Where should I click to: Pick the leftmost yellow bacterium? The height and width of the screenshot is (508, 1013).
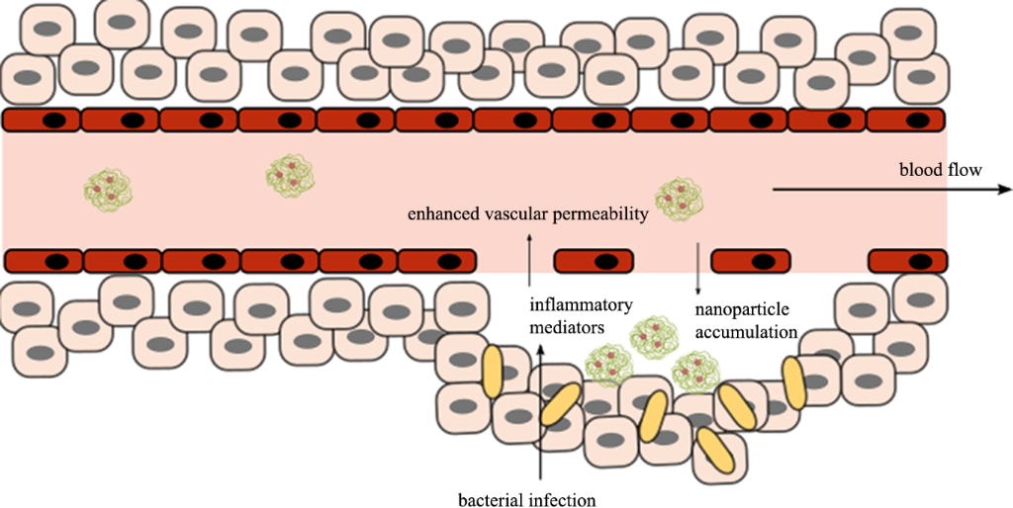pos(494,367)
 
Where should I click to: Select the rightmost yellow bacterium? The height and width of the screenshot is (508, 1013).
pos(794,379)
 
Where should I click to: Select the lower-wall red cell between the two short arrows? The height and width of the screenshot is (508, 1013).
pos(592,261)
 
